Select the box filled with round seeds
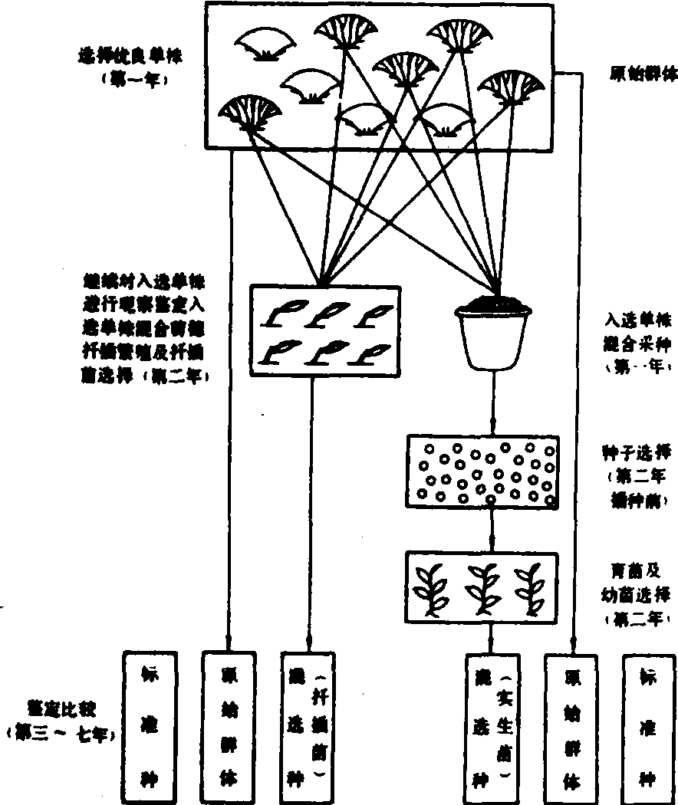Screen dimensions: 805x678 [482, 472]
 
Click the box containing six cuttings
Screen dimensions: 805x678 [324, 330]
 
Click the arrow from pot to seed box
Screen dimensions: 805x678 [493, 402]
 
